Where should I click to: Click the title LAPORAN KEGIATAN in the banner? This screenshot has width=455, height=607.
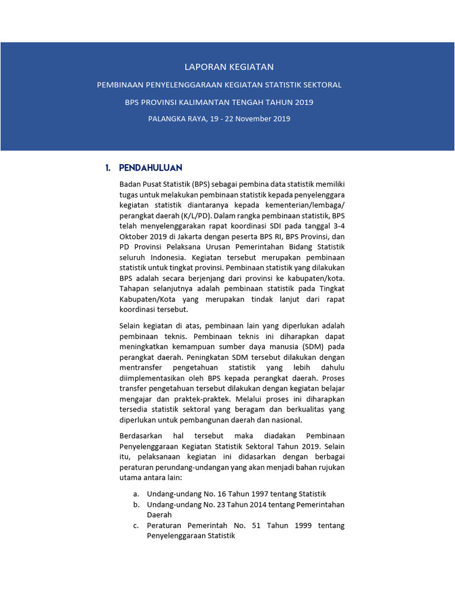coord(227,67)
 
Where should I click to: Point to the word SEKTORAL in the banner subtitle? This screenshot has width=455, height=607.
coord(323,85)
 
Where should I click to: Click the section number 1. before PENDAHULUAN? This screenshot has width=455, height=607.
coord(108,168)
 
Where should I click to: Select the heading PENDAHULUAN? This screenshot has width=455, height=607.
coord(150,168)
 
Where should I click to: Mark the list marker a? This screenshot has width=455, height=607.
coord(136,494)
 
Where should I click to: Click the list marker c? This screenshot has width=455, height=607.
coord(136,525)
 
